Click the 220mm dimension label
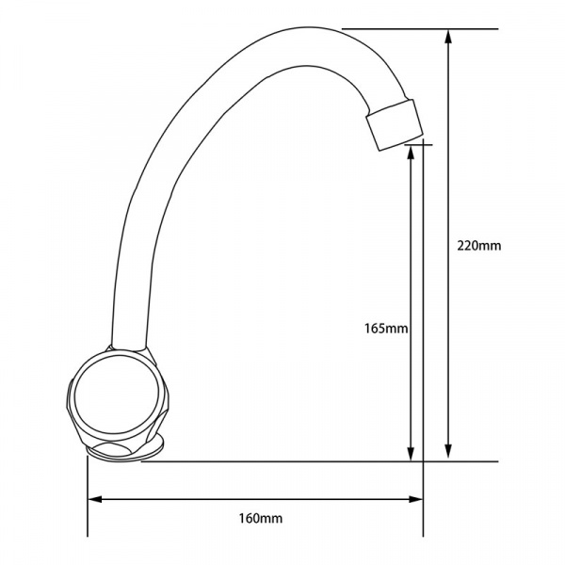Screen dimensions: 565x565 click(x=479, y=246)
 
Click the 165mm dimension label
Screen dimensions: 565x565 click(x=386, y=329)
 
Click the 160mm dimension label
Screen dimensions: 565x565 click(x=261, y=519)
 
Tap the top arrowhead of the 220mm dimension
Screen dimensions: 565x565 click(x=448, y=37)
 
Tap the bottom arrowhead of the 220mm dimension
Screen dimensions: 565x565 click(x=448, y=451)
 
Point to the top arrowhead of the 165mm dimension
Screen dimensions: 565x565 click(x=411, y=153)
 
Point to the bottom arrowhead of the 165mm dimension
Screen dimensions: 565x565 click(x=411, y=453)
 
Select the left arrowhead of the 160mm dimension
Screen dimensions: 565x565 click(x=95, y=499)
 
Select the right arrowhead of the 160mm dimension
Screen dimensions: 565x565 click(x=415, y=499)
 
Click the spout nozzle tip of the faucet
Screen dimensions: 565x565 click(x=395, y=124)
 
